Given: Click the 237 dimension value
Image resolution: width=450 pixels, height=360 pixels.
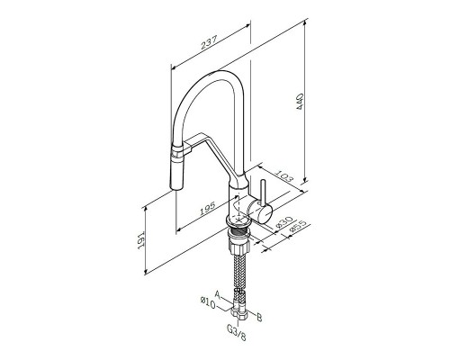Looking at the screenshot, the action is coord(209,42).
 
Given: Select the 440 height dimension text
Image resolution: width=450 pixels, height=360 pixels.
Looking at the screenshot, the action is coord(300,102).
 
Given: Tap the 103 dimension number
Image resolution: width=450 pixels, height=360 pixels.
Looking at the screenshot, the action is coord(283,176).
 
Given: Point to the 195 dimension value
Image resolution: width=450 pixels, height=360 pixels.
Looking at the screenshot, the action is coord(208,209).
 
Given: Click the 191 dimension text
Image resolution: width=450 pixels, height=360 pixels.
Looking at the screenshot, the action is coord(141,239).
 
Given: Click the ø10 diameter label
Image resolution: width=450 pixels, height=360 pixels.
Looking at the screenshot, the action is coord(208,303).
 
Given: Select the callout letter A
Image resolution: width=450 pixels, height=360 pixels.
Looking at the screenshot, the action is coord(219,294).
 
